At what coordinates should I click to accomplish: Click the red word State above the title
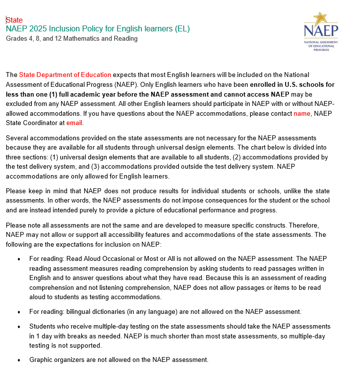tap(14, 20)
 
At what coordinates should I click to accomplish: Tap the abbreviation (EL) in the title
tap(182, 29)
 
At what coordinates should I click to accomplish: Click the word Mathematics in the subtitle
tap(81, 38)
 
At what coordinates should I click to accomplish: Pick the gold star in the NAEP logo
tap(320, 19)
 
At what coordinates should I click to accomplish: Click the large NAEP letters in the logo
tap(321, 31)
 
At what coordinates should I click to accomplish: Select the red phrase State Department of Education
tap(65, 75)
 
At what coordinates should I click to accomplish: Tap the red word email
tap(74, 123)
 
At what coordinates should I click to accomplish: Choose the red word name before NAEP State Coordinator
tap(302, 114)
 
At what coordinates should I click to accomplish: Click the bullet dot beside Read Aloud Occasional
tap(19, 259)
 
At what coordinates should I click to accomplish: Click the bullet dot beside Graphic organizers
tap(19, 360)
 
